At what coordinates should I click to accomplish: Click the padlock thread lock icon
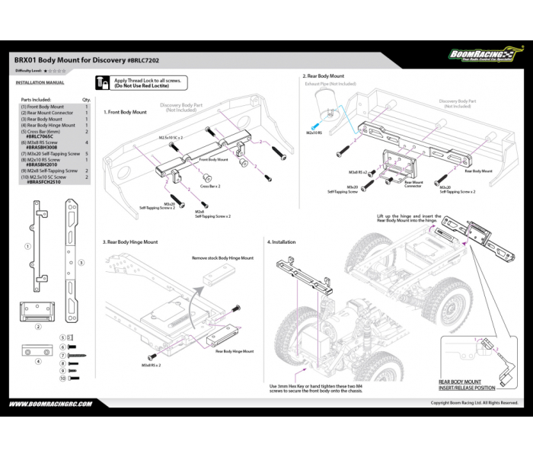pos(104,83)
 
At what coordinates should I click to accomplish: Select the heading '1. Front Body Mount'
pos(125,112)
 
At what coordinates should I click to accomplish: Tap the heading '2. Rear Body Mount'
pos(324,76)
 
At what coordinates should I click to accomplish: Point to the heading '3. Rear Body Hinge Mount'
pos(130,241)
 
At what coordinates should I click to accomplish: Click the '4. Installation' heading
pos(281,241)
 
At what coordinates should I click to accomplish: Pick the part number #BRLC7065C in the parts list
pos(42,136)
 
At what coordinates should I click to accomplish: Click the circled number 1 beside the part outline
pos(27,246)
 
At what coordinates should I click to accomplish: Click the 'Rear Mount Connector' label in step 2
pos(413,183)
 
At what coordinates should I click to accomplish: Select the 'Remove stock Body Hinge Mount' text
pos(222,258)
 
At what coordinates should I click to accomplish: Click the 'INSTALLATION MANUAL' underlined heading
pos(40,81)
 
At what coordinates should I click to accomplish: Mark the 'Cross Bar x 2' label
pos(210,186)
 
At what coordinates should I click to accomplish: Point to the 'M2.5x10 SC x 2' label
pos(171,138)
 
